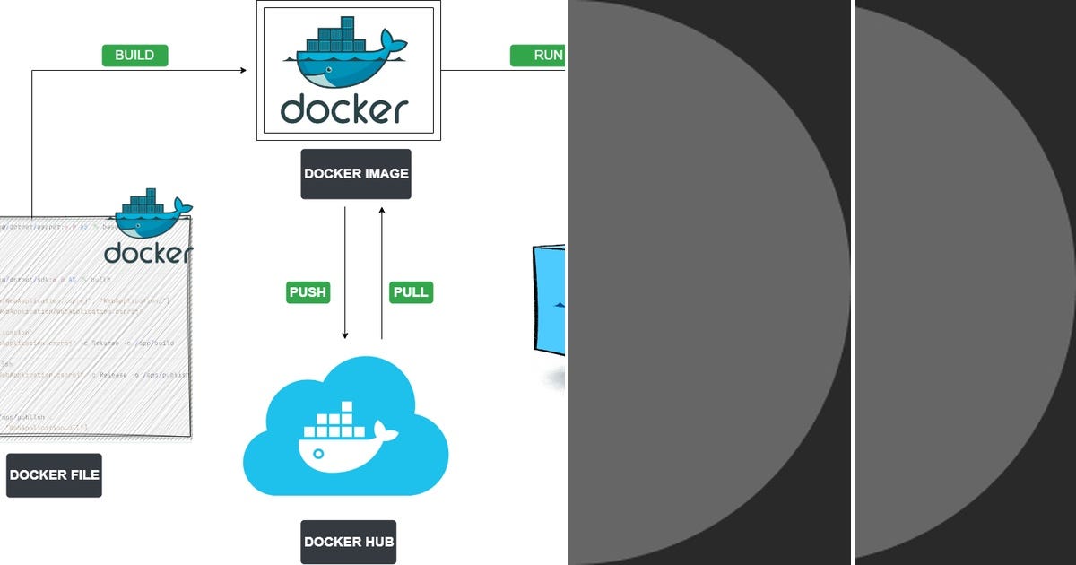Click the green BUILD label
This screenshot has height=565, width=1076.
pos(134,55)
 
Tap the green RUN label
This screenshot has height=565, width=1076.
pos(538,55)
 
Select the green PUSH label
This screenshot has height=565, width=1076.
pos(308,292)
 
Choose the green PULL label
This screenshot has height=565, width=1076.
pos(411,292)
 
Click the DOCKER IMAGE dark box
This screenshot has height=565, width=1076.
pos(356,174)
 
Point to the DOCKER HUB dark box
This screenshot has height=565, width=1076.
pos(348,542)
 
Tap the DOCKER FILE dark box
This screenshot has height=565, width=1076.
pos(54,475)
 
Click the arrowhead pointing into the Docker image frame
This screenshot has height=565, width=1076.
pos(242,70)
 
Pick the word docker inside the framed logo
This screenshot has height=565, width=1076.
pos(344,109)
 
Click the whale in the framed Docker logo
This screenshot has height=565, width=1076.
pos(345,67)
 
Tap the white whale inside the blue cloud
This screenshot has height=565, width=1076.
pos(345,442)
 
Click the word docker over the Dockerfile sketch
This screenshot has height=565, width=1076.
pos(148,253)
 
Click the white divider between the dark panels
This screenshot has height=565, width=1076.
pos(852,282)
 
